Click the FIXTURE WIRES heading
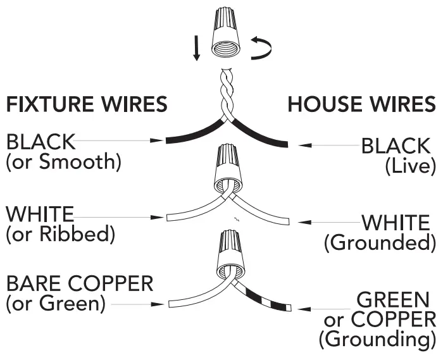tap(87, 104)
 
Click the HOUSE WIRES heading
tap(361, 104)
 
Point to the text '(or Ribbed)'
tap(60, 235)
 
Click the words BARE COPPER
tap(79, 283)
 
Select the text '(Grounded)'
tap(380, 242)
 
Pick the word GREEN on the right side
tap(396, 299)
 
